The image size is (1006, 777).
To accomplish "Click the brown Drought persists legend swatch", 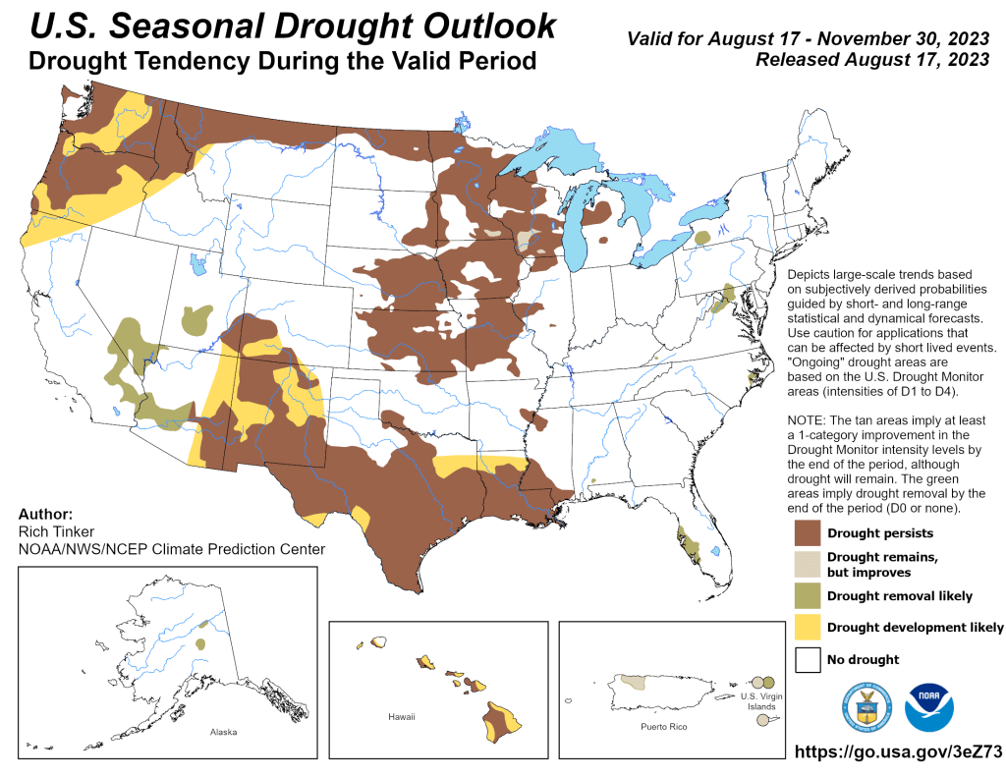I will pyautogui.click(x=809, y=533).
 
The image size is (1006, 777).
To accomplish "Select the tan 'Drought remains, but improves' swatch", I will pyautogui.click(x=809, y=564).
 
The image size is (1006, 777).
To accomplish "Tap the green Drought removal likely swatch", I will pyautogui.click(x=809, y=595).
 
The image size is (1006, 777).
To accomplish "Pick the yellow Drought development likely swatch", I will pyautogui.click(x=809, y=627).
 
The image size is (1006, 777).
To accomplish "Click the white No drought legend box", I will pyautogui.click(x=809, y=658).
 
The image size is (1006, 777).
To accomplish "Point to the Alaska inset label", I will pyautogui.click(x=223, y=732).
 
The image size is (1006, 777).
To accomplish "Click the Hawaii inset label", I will pyautogui.click(x=402, y=717).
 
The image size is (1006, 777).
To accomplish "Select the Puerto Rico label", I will pyautogui.click(x=663, y=726).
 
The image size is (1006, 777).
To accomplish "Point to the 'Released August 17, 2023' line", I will pyautogui.click(x=871, y=60).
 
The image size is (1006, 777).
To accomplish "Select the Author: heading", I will pyautogui.click(x=45, y=514).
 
